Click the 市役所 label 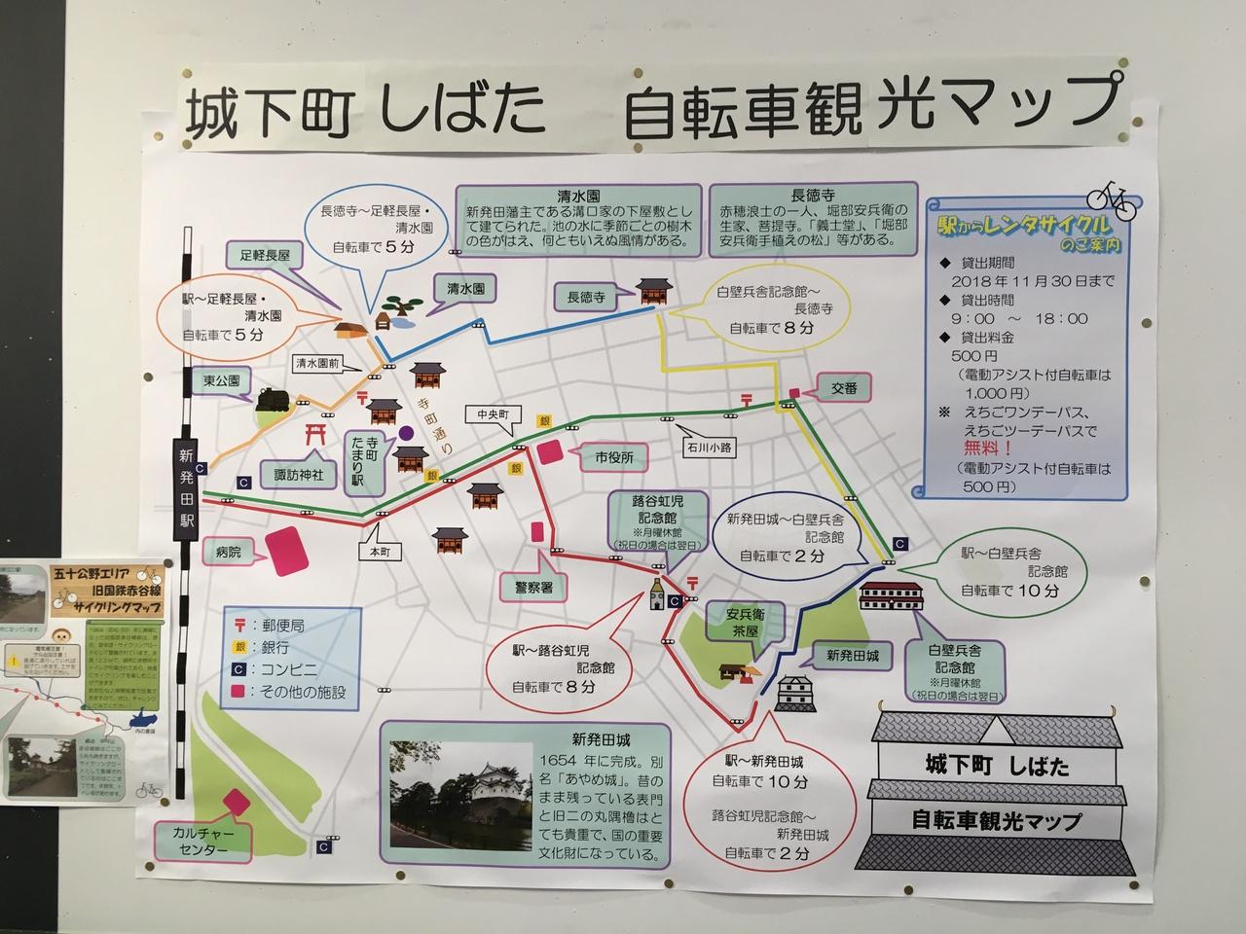(613, 456)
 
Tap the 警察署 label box (527, 588)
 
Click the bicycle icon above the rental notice (1112, 198)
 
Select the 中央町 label (486, 413)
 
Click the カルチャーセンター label (202, 842)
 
